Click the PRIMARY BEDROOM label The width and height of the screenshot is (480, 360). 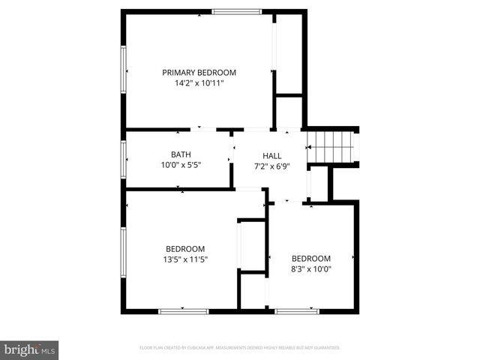(199, 73)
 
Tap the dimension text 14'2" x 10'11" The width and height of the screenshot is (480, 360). (199, 83)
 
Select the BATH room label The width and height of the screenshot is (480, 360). (181, 154)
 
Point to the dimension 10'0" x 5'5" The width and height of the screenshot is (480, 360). (181, 165)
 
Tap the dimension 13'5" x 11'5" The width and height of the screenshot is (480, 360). (185, 259)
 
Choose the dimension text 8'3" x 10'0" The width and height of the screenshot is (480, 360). (311, 268)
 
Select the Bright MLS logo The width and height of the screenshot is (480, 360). (30, 349)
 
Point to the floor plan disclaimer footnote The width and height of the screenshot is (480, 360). (240, 348)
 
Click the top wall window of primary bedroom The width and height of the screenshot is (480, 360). (236, 11)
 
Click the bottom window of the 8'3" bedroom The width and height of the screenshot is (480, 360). (296, 310)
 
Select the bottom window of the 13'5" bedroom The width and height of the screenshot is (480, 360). (183, 310)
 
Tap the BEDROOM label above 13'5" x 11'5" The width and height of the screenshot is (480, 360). (185, 249)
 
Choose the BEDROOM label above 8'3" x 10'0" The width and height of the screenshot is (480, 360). (311, 258)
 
